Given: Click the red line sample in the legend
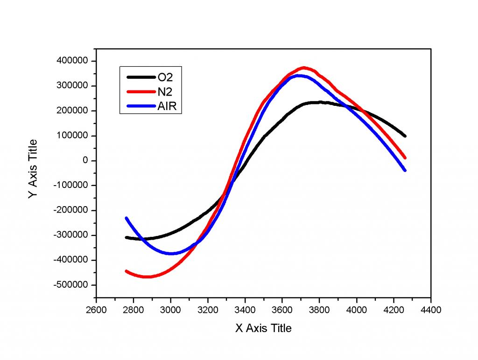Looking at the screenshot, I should pyautogui.click(x=141, y=92).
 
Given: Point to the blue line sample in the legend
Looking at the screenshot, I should pyautogui.click(x=141, y=107).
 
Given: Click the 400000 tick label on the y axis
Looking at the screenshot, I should pyautogui.click(x=74, y=61).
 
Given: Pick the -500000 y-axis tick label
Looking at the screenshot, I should pyautogui.click(x=73, y=285).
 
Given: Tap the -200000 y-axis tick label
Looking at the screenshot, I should pyautogui.click(x=73, y=210).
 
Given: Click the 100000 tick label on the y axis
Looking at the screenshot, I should pyautogui.click(x=74, y=136).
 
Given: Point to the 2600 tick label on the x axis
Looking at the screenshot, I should pyautogui.click(x=96, y=309).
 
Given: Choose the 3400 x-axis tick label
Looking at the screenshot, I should pyautogui.click(x=245, y=309).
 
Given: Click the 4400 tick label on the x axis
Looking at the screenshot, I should pyautogui.click(x=431, y=309).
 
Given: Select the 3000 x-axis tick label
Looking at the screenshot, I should pyautogui.click(x=171, y=309).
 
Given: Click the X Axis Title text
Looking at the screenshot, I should pyautogui.click(x=263, y=328).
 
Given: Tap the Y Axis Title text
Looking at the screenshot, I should pyautogui.click(x=33, y=169).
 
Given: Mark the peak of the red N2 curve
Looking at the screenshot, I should pyautogui.click(x=304, y=68).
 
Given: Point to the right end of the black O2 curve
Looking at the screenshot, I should pyautogui.click(x=404, y=136).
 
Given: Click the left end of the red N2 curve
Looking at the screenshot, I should pyautogui.click(x=127, y=271).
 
